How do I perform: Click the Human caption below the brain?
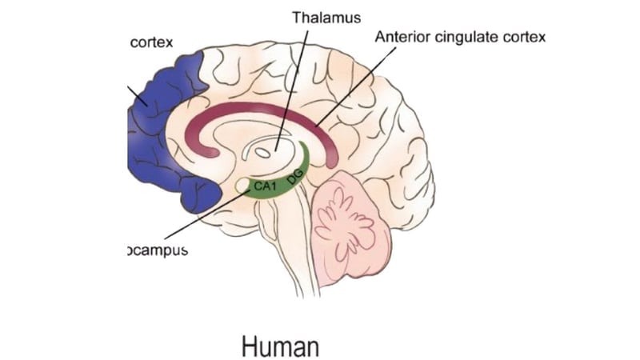(x=280, y=346)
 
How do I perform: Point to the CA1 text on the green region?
(x=266, y=187)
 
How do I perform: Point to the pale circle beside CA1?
(x=242, y=187)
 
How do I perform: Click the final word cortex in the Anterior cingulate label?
(x=526, y=38)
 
